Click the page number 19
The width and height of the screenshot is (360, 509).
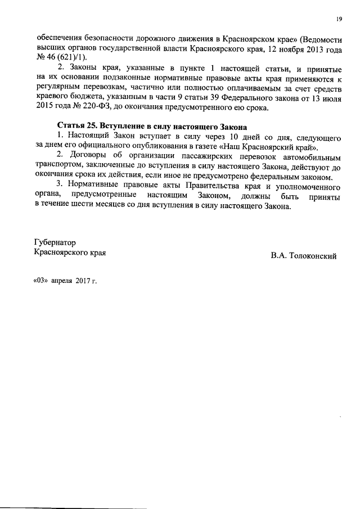pos(339,19)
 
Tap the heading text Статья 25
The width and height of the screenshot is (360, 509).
pos(77,127)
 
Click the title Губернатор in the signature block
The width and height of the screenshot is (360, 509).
pos(55,243)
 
